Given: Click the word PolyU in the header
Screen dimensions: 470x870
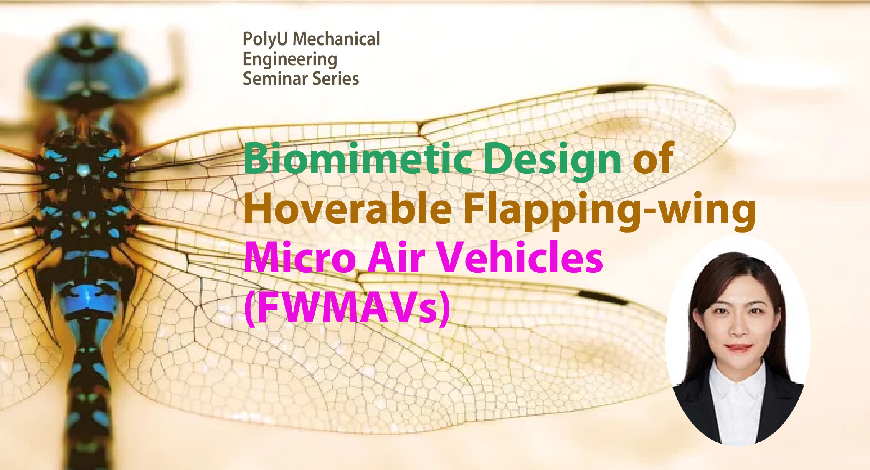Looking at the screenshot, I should point(265,39).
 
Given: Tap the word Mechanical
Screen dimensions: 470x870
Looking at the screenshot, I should point(336,39).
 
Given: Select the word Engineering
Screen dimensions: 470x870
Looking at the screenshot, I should point(290,59).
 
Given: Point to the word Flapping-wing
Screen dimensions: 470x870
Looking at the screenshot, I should point(609,210).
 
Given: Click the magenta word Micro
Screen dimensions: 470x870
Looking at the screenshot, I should point(300,258).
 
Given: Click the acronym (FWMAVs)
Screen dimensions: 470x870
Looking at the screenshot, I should point(347,308).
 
